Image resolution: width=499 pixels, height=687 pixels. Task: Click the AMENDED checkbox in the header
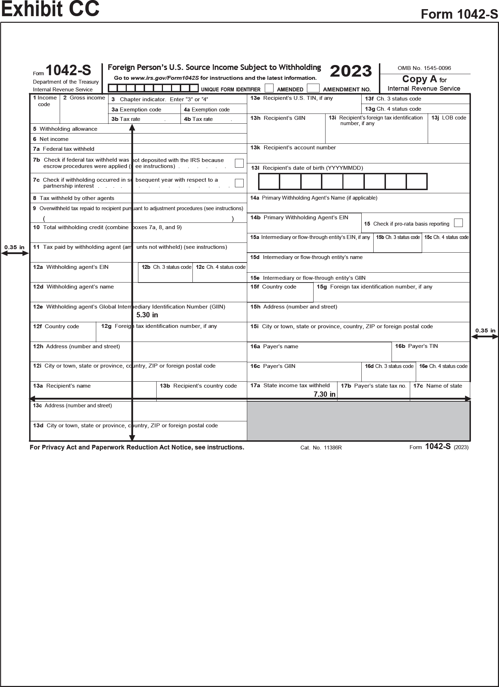pyautogui.click(x=269, y=88)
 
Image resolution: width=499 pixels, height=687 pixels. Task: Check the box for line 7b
pyautogui.click(x=239, y=163)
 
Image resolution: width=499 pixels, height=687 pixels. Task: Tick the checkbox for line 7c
pyautogui.click(x=239, y=183)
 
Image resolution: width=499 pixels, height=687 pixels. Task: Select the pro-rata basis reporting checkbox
pyautogui.click(x=458, y=223)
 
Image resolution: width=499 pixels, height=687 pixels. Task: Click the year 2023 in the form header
pyautogui.click(x=351, y=71)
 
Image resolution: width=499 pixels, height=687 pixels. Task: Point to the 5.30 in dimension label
pyautogui.click(x=147, y=315)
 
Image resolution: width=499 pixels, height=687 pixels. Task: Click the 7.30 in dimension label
pyautogui.click(x=324, y=394)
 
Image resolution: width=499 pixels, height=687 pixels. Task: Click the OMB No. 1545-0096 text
pyautogui.click(x=424, y=68)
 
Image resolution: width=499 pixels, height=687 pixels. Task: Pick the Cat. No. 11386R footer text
pyautogui.click(x=321, y=448)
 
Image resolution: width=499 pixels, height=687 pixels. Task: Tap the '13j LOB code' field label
pyautogui.click(x=449, y=118)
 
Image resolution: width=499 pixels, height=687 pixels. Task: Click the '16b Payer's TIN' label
pyautogui.click(x=416, y=346)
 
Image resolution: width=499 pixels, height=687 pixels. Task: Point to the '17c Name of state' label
pyautogui.click(x=438, y=386)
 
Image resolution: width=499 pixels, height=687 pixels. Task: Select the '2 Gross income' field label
pyautogui.click(x=84, y=98)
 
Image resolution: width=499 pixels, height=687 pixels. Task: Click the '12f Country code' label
pyautogui.click(x=56, y=326)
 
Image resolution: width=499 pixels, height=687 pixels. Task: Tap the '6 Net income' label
pyautogui.click(x=51, y=139)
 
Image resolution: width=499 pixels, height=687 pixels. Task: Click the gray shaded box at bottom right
pyautogui.click(x=358, y=421)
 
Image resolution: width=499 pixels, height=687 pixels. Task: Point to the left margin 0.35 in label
pyautogui.click(x=14, y=247)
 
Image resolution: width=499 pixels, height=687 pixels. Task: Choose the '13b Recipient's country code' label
pyautogui.click(x=198, y=386)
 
